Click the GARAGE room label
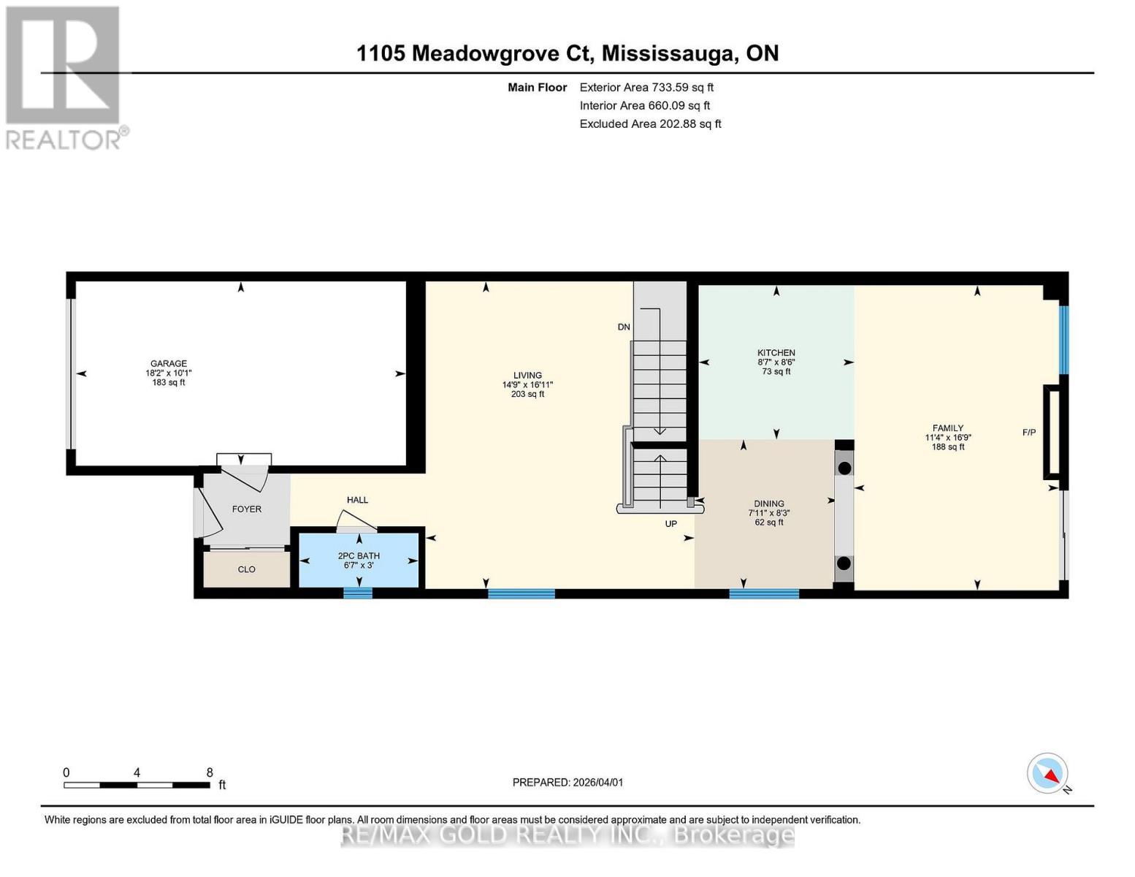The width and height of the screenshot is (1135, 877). tap(169, 364)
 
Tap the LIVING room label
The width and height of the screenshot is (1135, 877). tap(527, 376)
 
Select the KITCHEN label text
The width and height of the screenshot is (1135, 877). tap(776, 353)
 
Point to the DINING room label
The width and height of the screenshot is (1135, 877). tap(768, 504)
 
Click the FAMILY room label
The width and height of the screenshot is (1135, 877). tap(947, 428)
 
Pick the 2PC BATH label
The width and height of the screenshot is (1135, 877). tap(359, 556)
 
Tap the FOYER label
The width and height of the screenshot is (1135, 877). tap(247, 509)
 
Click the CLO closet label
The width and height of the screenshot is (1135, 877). tap(247, 569)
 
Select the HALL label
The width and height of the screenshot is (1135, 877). tap(357, 500)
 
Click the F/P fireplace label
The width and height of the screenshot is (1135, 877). tap(1028, 433)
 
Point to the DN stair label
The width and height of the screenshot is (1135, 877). tap(624, 327)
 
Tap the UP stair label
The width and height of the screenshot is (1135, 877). tap(670, 524)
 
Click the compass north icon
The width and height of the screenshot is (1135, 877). tap(1048, 773)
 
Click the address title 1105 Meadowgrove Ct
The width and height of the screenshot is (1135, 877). tap(567, 53)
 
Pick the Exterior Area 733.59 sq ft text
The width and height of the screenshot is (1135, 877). tap(646, 87)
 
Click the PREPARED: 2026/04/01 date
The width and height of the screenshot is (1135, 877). tap(567, 782)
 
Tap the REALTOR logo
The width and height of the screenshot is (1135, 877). tap(64, 77)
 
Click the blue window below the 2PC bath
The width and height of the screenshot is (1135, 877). tap(358, 593)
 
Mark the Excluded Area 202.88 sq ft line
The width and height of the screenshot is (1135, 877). tap(650, 124)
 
